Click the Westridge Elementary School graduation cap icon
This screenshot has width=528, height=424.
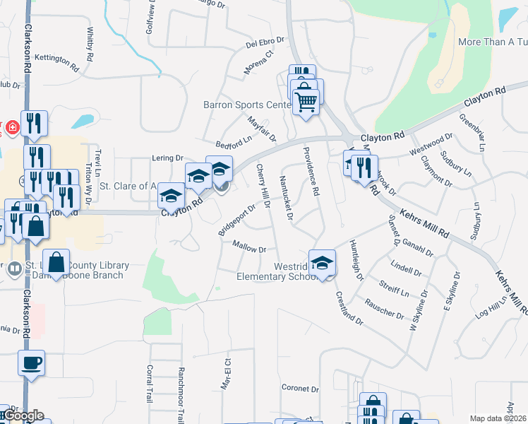tap(322, 262)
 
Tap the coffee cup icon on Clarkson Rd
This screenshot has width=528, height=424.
tap(31, 363)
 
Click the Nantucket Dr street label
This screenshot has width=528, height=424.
tap(287, 198)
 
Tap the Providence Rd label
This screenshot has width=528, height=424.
tap(311, 169)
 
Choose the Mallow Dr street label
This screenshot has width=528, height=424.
tap(249, 248)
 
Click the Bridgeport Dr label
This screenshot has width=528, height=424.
tap(236, 221)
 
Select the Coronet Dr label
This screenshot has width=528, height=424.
tap(301, 388)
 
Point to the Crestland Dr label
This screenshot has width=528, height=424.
tap(349, 308)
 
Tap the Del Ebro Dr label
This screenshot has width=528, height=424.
tap(265, 43)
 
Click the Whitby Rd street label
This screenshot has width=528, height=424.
tap(90, 44)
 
